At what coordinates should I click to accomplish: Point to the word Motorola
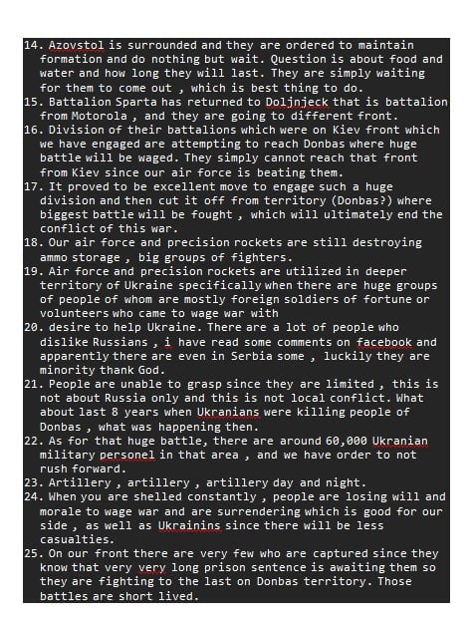107,116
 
